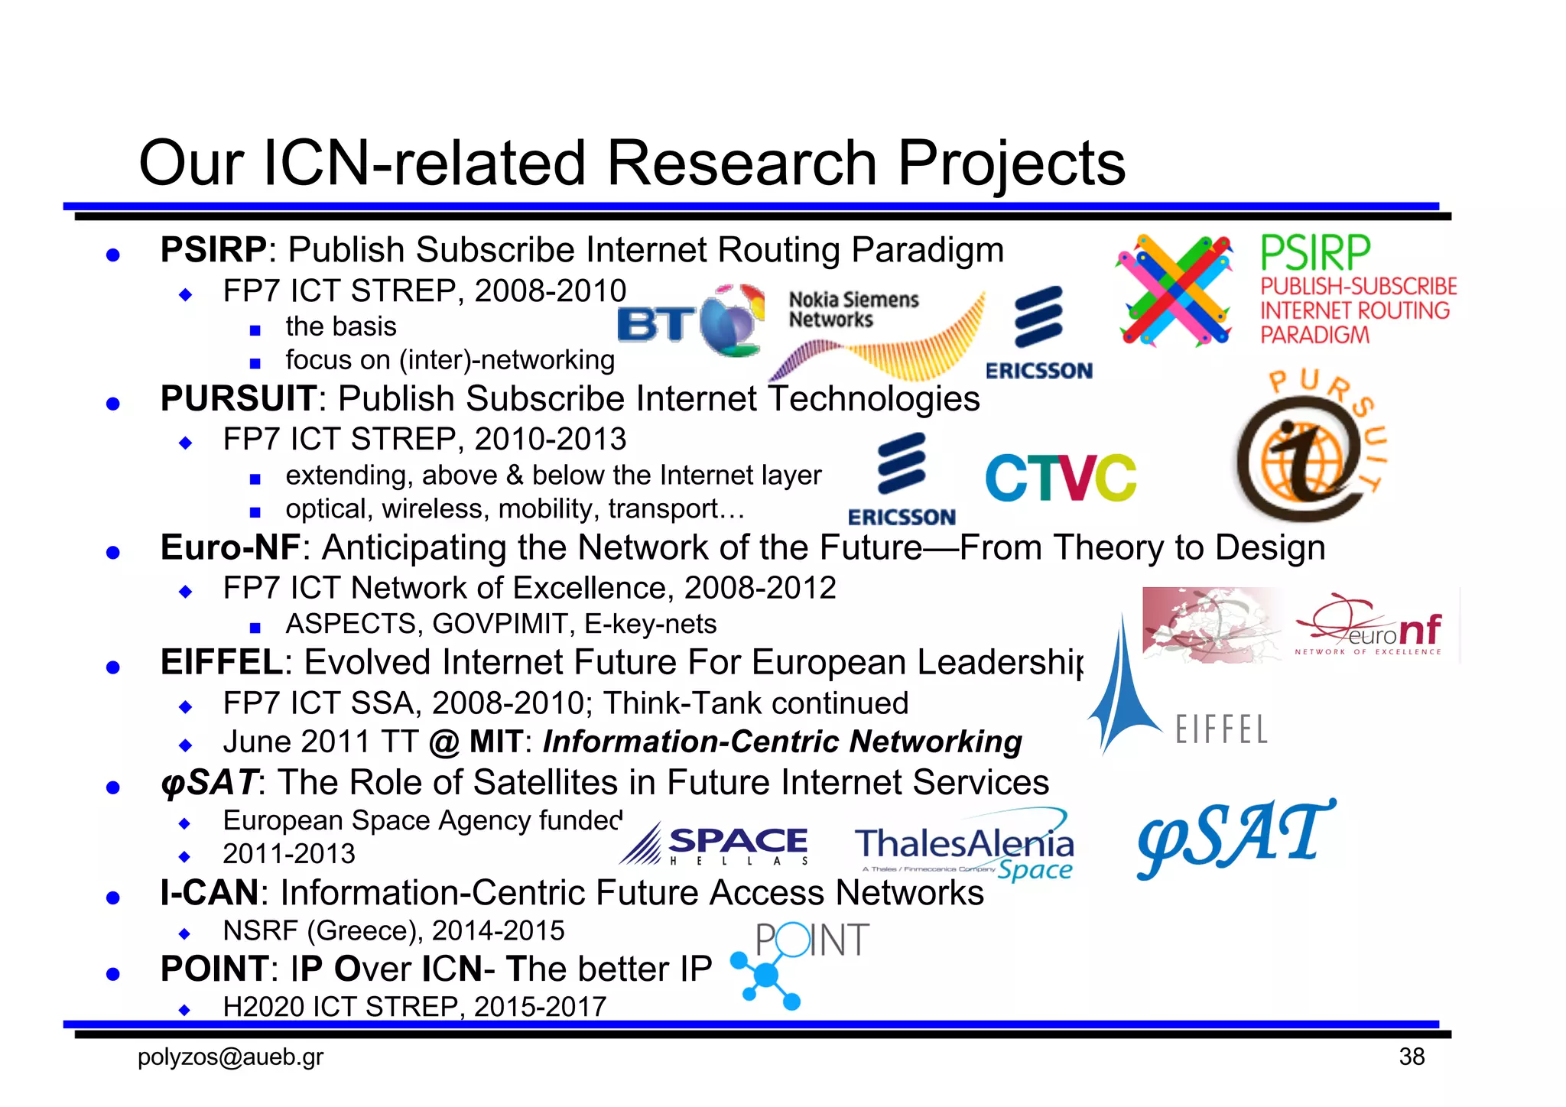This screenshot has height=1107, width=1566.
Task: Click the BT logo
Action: (x=690, y=321)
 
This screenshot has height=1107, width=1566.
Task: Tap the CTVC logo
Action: (x=1061, y=477)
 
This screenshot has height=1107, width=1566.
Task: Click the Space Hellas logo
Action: (x=714, y=844)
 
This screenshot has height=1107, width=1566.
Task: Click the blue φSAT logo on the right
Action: (x=1235, y=838)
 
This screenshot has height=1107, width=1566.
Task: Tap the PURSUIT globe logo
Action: (x=1310, y=447)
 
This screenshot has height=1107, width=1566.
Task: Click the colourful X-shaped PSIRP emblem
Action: (x=1175, y=291)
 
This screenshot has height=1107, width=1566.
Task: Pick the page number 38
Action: (x=1412, y=1057)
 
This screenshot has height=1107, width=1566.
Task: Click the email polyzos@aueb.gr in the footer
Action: (x=230, y=1057)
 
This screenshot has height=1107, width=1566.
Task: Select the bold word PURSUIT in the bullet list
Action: (x=238, y=398)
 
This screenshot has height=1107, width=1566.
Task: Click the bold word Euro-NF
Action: (x=230, y=547)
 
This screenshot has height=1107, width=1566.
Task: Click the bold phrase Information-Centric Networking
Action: (x=782, y=742)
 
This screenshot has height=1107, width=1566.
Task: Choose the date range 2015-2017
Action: (x=540, y=1007)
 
